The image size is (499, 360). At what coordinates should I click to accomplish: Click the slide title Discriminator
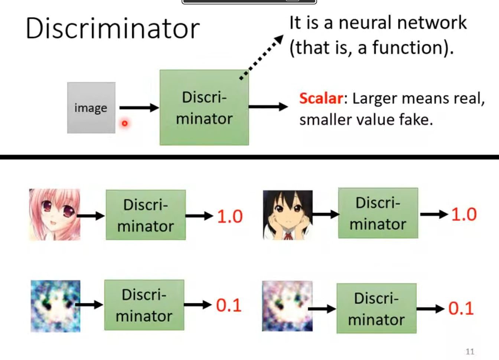[x=112, y=29]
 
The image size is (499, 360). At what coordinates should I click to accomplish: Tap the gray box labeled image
[x=91, y=108]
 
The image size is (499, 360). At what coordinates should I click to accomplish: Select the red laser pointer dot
[x=125, y=123]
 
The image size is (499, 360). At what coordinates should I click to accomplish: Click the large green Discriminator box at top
[x=204, y=108]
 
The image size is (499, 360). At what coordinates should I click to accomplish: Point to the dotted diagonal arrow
[x=262, y=57]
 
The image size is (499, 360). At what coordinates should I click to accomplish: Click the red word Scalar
[x=321, y=98]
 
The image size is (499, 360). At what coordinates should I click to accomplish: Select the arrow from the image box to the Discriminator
[x=138, y=108]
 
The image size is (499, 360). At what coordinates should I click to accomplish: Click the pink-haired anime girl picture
[x=55, y=214]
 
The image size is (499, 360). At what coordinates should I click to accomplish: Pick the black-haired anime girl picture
[x=288, y=215]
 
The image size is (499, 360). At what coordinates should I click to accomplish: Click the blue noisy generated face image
[x=55, y=306]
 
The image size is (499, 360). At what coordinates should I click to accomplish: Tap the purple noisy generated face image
[x=287, y=306]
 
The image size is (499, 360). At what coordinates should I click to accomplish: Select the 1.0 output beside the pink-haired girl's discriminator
[x=230, y=216]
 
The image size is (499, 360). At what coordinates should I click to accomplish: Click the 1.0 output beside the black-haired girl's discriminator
[x=464, y=214]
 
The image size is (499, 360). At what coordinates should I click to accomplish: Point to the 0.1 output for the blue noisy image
[x=229, y=305]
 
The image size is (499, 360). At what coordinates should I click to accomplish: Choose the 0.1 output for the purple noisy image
[x=461, y=308]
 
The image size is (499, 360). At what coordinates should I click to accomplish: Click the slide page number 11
[x=470, y=351]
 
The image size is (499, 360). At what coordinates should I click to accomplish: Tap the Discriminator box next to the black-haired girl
[x=378, y=213]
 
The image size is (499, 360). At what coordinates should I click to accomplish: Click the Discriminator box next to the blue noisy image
[x=144, y=305]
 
